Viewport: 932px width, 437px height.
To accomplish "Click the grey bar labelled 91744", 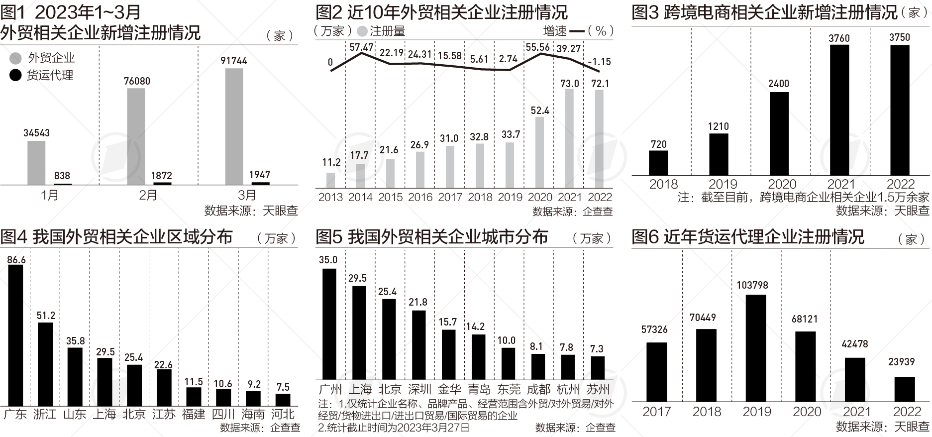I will [234, 126].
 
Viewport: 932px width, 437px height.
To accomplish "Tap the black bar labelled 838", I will [63, 184].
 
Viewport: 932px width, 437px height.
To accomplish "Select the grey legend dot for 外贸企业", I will [16, 58].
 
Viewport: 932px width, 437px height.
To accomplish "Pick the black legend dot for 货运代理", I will [16, 76].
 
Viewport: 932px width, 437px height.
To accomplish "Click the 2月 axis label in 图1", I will [148, 195].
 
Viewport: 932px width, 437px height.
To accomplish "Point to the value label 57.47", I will [361, 48].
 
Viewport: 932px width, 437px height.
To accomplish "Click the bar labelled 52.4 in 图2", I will [540, 152].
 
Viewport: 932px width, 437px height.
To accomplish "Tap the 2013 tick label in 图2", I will [330, 197].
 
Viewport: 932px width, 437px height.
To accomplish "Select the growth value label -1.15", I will [599, 62].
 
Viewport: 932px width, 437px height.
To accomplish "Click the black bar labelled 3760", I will [839, 110].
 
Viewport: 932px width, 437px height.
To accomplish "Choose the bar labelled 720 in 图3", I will [658, 163].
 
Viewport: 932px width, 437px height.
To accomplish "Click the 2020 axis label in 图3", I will [782, 184].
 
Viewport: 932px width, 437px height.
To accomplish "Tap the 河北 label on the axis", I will [283, 414].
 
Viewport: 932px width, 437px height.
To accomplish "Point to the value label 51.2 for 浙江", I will [46, 316].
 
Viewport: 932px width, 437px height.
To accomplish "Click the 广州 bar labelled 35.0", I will [329, 324].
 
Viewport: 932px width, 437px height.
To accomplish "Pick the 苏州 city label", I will [598, 389].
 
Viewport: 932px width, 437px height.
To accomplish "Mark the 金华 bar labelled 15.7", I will [448, 354].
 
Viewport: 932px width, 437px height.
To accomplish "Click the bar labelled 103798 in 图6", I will [756, 348].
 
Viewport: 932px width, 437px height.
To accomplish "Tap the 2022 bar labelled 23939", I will [905, 389].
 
